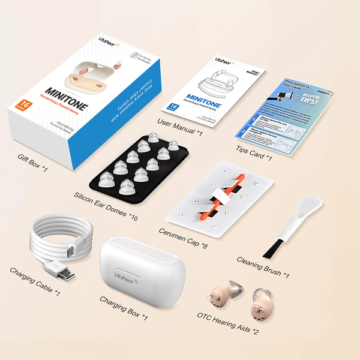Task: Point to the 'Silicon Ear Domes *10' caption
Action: [x=106, y=206]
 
